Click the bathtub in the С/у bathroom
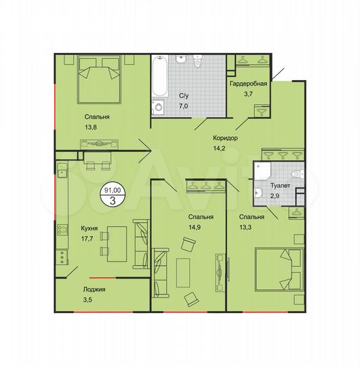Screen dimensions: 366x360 (x=159, y=76)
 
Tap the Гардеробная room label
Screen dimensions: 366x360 (x=249, y=85)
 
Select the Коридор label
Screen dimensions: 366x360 (x=224, y=138)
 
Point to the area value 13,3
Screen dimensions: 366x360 (x=251, y=227)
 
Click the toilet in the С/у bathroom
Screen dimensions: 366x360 (x=197, y=63)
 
